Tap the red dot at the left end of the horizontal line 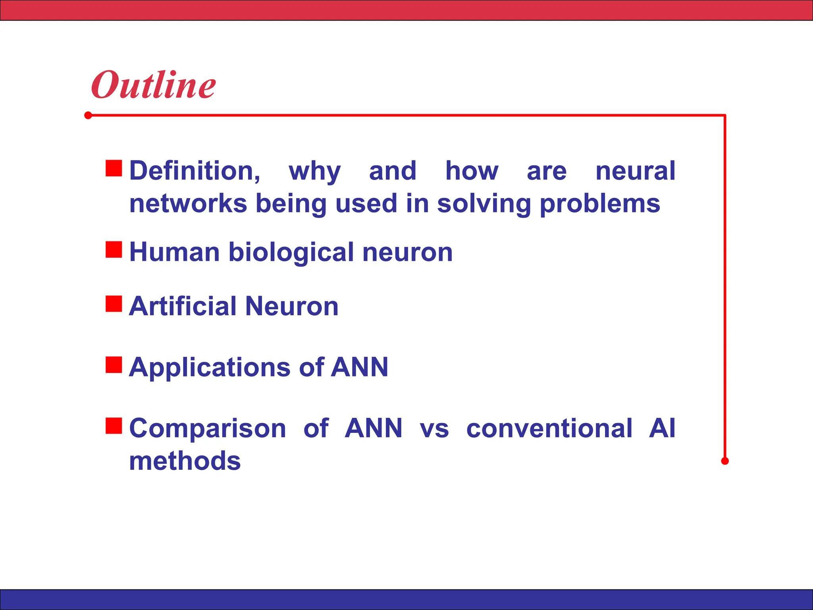pos(88,116)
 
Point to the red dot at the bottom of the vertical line pos(725,461)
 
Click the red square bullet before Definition pos(114,168)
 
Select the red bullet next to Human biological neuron pos(114,250)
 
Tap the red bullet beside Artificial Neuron pos(114,304)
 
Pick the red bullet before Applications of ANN pos(114,365)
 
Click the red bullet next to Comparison pos(114,426)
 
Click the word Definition pos(195,171)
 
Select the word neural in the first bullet pos(635,171)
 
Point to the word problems pos(600,204)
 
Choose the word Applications pos(210,368)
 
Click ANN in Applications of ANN pos(359,367)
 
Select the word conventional pos(549,429)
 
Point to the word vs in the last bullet pos(434,429)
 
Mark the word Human pos(175,253)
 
